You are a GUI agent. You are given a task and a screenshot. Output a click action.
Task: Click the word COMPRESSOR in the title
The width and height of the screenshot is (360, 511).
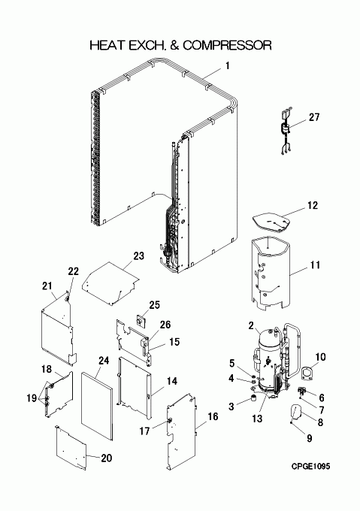tap(227, 45)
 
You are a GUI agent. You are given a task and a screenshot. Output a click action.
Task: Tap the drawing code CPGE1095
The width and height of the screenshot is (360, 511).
tap(310, 467)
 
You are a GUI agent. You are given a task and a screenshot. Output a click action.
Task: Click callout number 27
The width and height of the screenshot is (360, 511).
tap(314, 117)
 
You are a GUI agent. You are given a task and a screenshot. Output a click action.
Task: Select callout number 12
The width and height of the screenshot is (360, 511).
tap(312, 205)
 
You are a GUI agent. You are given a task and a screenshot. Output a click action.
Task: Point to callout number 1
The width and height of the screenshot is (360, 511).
tap(228, 66)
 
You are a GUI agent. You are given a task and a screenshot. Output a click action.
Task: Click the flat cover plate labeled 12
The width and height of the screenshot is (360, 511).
tap(271, 222)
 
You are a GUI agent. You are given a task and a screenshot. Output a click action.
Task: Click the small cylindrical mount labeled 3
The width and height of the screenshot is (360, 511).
tap(253, 398)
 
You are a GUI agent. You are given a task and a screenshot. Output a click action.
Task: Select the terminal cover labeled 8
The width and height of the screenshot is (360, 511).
tap(296, 412)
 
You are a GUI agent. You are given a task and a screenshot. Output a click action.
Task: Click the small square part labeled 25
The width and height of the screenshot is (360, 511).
tap(141, 321)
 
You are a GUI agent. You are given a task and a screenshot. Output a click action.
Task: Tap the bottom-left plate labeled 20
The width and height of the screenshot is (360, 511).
tap(71, 448)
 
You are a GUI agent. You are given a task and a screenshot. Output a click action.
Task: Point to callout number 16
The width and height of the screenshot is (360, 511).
tap(213, 416)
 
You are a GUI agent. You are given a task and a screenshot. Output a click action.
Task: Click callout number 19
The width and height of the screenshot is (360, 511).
tap(32, 398)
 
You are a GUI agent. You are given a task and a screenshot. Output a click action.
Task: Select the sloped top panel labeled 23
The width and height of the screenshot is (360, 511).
tap(110, 283)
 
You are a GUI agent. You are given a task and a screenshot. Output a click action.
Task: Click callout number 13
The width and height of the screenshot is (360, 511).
tap(257, 419)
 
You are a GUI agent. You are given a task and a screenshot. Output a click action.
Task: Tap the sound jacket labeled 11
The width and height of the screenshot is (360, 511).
tap(271, 274)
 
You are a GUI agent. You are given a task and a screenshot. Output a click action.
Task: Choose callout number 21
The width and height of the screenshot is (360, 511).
tap(47, 286)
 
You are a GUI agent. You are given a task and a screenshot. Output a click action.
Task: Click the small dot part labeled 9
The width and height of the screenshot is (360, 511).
tap(291, 423)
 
